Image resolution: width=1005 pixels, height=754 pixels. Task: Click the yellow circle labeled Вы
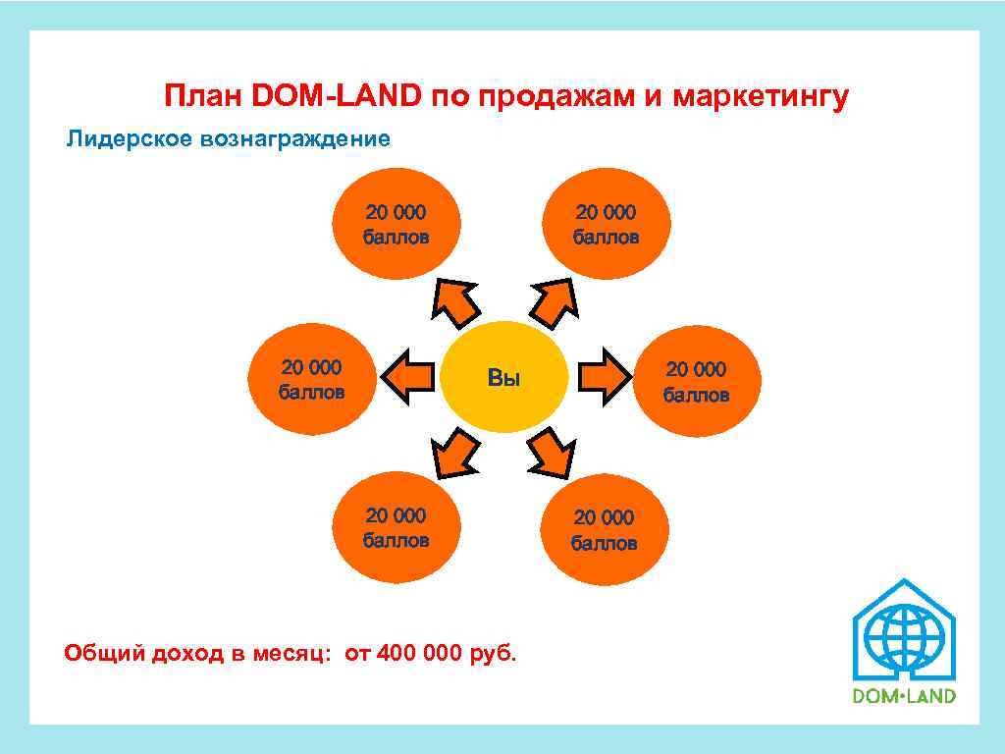[504, 378]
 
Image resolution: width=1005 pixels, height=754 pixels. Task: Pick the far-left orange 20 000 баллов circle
[312, 380]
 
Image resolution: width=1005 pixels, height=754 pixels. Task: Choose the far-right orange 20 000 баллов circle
[697, 381]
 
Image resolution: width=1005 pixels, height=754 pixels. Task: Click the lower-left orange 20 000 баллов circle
[397, 528]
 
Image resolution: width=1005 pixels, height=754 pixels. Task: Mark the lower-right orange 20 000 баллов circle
[604, 529]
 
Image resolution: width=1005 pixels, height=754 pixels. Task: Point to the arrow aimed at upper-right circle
[555, 301]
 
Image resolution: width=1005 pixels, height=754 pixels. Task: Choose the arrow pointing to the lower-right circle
[554, 453]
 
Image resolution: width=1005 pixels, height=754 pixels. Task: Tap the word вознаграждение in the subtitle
[294, 138]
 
